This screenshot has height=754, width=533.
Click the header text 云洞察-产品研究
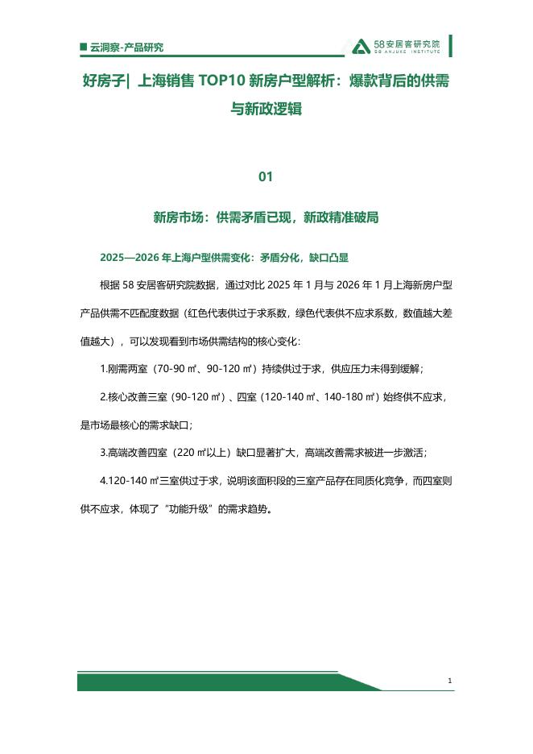pyautogui.click(x=127, y=48)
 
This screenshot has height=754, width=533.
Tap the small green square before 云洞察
pyautogui.click(x=84, y=48)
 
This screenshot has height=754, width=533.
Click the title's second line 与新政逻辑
pyautogui.click(x=266, y=109)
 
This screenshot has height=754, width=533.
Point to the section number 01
pyautogui.click(x=266, y=176)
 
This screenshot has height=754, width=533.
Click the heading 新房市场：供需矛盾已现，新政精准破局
pyautogui.click(x=266, y=217)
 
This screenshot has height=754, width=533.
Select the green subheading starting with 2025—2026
pyautogui.click(x=224, y=258)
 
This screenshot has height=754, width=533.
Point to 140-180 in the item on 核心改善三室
pyautogui.click(x=348, y=396)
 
